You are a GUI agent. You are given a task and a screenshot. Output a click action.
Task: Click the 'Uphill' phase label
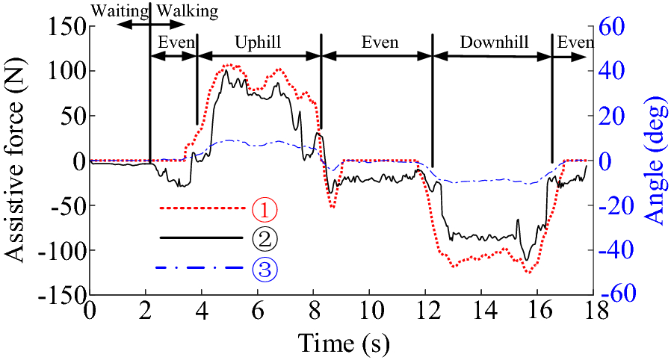[257, 42]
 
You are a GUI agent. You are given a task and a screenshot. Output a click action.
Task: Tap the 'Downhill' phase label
[494, 42]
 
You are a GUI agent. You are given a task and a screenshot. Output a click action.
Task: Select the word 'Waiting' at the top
[120, 10]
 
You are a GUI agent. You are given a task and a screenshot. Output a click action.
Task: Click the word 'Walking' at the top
[187, 10]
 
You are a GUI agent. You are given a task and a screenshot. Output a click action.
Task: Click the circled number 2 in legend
[265, 238]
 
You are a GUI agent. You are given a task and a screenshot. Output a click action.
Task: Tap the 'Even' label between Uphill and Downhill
[380, 42]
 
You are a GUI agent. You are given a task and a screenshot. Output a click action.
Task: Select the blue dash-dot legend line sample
[202, 267]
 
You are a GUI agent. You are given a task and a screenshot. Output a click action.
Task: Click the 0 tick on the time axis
[90, 309]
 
